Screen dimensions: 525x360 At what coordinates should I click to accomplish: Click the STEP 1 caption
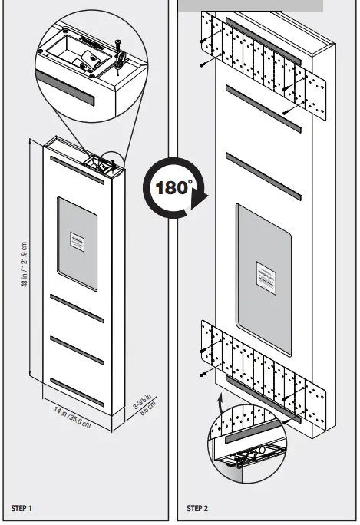21,508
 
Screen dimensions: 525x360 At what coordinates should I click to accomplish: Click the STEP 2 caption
198,508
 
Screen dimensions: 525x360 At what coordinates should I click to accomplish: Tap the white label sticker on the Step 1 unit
78,241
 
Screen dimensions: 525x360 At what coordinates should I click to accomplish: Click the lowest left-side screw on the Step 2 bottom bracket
202,375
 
